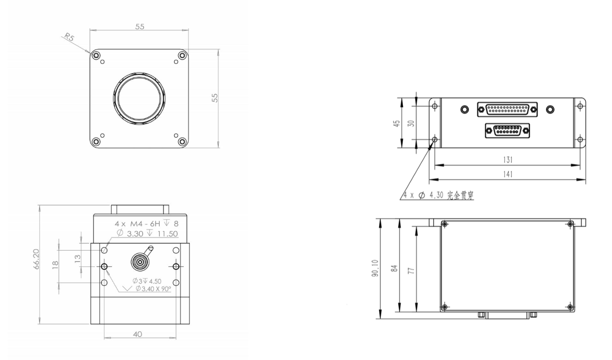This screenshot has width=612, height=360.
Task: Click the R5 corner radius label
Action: pos(69,37)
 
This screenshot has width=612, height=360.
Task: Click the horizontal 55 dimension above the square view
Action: pos(139,27)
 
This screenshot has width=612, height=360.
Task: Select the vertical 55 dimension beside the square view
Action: pos(215,98)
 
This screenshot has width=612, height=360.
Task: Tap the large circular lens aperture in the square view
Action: pos(139,99)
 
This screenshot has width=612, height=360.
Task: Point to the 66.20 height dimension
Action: pos(36,259)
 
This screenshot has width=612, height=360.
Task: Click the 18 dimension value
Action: pos(55,265)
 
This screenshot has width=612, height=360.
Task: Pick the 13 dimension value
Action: pos(77,258)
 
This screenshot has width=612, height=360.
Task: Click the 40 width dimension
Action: pos(137,334)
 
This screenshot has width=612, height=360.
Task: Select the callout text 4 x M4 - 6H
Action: pos(137,224)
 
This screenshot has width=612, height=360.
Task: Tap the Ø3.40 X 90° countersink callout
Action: pos(153,288)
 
